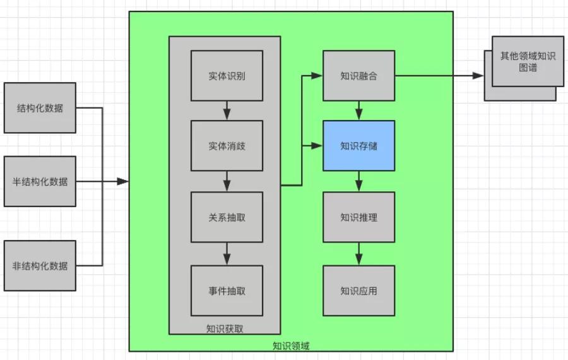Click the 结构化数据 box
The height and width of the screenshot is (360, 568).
coord(40,107)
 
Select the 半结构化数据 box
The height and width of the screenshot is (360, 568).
coord(40,181)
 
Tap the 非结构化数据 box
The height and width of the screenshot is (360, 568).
coord(40,266)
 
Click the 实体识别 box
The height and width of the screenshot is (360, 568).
coord(227,76)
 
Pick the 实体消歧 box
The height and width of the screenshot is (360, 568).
coord(227,146)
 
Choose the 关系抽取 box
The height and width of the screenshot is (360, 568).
coord(227,217)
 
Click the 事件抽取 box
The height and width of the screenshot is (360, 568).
coord(227,291)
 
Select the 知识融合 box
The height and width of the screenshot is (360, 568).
coord(358,76)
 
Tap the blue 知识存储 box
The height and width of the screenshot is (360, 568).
coord(358,146)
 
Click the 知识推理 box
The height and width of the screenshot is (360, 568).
coord(358,217)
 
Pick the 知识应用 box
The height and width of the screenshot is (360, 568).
coord(358,291)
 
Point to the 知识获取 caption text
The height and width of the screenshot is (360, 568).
coord(225,329)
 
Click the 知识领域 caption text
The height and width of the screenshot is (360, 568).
coord(291,346)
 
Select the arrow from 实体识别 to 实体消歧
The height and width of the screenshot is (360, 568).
coord(227,111)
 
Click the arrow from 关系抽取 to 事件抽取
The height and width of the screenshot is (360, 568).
coord(227,254)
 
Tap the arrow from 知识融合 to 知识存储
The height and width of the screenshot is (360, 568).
coord(358,111)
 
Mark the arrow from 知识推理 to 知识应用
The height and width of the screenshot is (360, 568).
coord(358,254)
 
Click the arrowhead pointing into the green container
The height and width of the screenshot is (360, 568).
coord(123,181)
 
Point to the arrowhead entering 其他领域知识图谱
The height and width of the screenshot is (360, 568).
coord(478,76)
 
